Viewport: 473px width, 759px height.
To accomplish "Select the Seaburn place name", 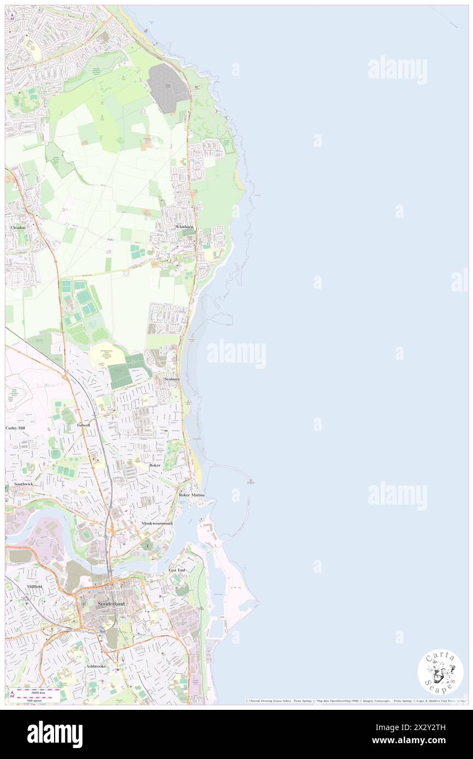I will (172, 378).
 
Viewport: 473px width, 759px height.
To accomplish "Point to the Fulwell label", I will (84, 424).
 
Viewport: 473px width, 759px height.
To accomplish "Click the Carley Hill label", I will (15, 428).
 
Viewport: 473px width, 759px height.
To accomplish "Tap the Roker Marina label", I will (192, 495).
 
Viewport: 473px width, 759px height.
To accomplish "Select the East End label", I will (176, 570).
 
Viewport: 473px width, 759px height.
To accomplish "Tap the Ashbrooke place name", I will (96, 667).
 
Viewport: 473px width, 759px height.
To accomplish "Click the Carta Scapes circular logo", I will (440, 674).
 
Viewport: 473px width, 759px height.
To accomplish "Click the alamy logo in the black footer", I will (55, 734).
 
